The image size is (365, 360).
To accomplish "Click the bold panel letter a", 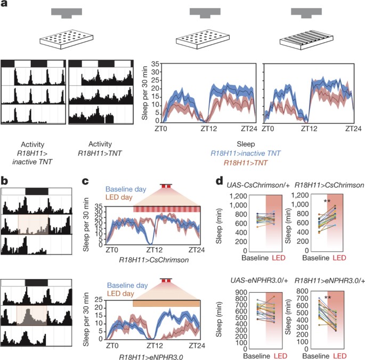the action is [4, 4].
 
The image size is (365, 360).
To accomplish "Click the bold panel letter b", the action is [4, 180].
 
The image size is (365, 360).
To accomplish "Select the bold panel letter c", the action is [85, 181].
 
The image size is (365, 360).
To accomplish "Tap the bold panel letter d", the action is [220, 180].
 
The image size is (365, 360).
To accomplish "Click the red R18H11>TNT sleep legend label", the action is [246, 163].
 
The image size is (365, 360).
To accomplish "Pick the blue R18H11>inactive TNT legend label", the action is [246, 153].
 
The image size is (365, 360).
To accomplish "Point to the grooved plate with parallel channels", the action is [306, 40].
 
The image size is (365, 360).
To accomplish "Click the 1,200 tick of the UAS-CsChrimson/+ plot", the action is [238, 196].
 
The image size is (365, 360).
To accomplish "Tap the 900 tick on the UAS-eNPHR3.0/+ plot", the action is [241, 292].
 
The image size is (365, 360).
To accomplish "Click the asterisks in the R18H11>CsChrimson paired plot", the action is [327, 201].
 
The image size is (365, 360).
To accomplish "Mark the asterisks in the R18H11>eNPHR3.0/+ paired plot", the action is [328, 298].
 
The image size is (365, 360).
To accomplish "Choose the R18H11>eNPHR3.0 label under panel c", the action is [151, 357].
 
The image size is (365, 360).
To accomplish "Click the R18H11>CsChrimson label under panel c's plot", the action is [154, 260].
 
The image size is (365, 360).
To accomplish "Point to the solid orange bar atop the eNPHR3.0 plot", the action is [166, 303].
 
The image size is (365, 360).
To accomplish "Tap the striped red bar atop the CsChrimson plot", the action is [167, 209].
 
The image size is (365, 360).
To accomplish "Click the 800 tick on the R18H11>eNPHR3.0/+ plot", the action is [303, 291].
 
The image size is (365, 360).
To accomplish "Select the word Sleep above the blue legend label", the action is [246, 144].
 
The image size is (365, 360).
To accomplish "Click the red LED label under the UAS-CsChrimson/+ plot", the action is [279, 258].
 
